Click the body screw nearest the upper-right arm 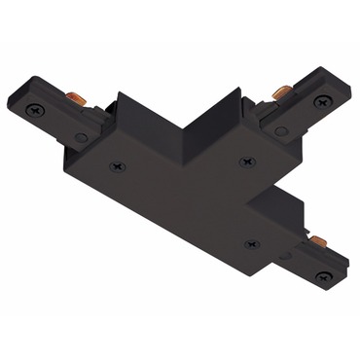click(x=244, y=162)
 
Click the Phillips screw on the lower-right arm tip click(x=323, y=276)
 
